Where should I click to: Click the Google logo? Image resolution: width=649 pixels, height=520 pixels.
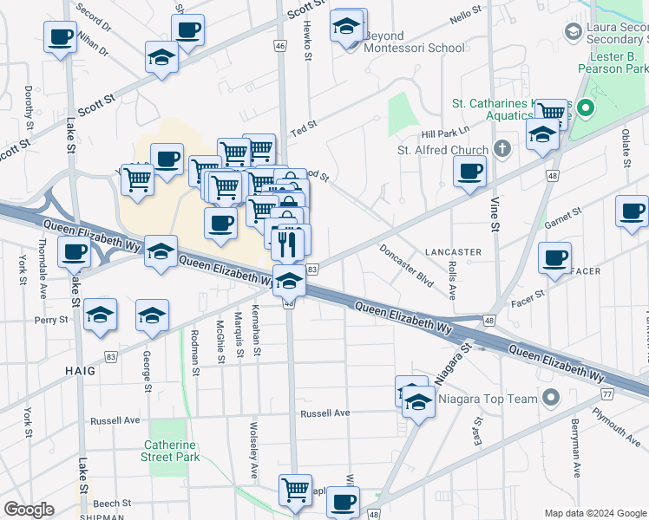29,510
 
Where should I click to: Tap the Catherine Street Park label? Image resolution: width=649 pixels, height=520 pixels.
172,451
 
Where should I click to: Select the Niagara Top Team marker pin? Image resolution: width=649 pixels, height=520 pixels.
549,399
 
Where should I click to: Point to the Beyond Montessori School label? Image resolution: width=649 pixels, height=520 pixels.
414,42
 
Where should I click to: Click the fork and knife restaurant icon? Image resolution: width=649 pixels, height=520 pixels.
288,244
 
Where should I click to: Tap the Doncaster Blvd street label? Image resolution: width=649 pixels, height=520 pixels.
407,266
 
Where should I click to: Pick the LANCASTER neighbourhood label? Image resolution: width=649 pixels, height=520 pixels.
453,252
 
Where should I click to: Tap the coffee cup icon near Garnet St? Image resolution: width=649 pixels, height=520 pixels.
632,211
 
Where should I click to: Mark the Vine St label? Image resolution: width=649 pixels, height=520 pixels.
496,213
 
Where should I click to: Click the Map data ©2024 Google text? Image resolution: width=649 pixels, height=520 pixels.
595,513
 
